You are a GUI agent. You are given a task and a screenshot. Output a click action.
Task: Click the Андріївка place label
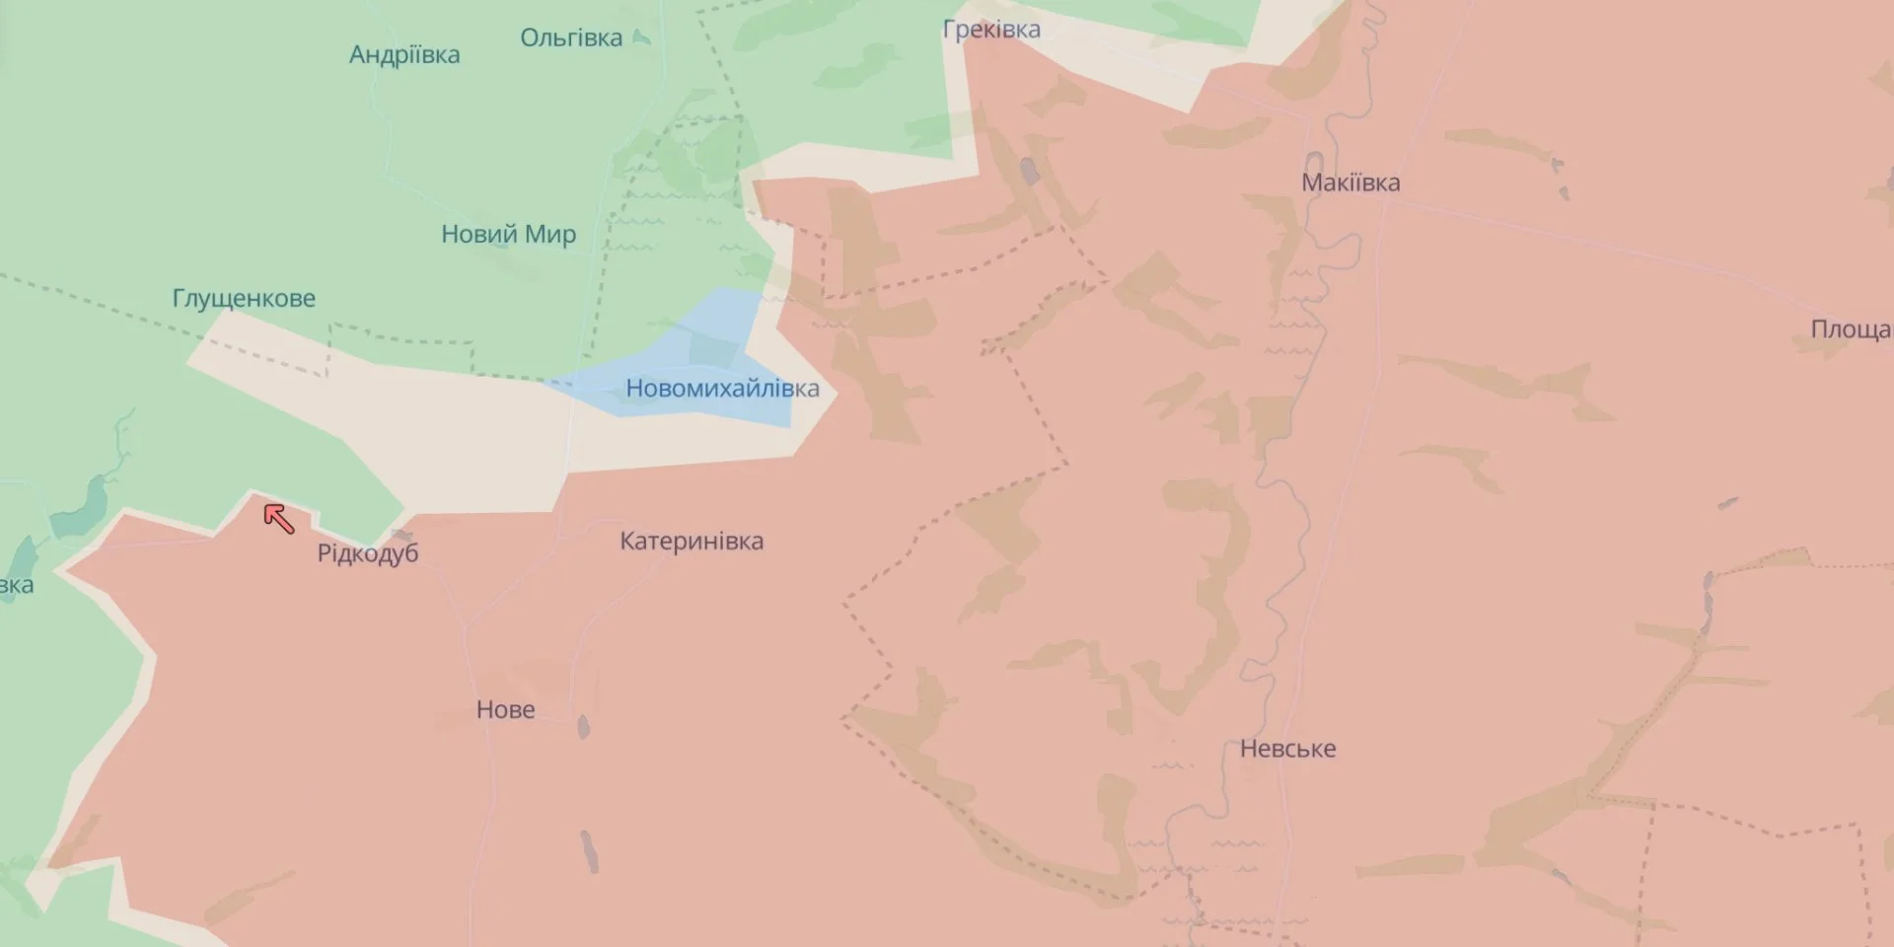click(x=404, y=54)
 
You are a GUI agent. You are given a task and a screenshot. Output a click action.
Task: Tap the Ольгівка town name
click(x=571, y=37)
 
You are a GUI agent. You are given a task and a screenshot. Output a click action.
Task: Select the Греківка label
click(x=991, y=30)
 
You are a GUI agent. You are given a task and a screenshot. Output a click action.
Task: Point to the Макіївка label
click(x=1350, y=182)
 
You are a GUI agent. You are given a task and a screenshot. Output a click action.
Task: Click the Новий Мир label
click(x=508, y=235)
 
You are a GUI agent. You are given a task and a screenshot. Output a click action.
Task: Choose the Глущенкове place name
click(x=244, y=298)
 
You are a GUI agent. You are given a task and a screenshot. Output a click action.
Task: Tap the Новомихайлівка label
click(x=722, y=389)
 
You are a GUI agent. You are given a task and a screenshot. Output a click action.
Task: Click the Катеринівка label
click(x=692, y=541)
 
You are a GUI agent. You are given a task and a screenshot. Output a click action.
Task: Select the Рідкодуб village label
click(x=368, y=553)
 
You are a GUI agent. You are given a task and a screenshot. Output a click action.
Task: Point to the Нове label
click(x=505, y=709)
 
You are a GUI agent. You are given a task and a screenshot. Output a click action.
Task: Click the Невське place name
click(x=1287, y=749)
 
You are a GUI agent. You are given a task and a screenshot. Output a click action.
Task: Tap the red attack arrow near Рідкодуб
click(x=278, y=518)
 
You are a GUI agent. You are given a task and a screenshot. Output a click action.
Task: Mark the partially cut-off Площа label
click(x=1851, y=328)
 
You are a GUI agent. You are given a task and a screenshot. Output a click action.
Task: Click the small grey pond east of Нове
click(x=583, y=728)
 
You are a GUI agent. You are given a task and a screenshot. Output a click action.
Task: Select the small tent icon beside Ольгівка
click(x=641, y=37)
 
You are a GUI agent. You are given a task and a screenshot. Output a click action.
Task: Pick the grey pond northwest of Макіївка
click(x=1030, y=172)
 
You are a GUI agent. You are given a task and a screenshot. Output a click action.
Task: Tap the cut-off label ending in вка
click(x=16, y=585)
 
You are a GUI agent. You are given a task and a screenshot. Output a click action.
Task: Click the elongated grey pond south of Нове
click(x=590, y=851)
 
